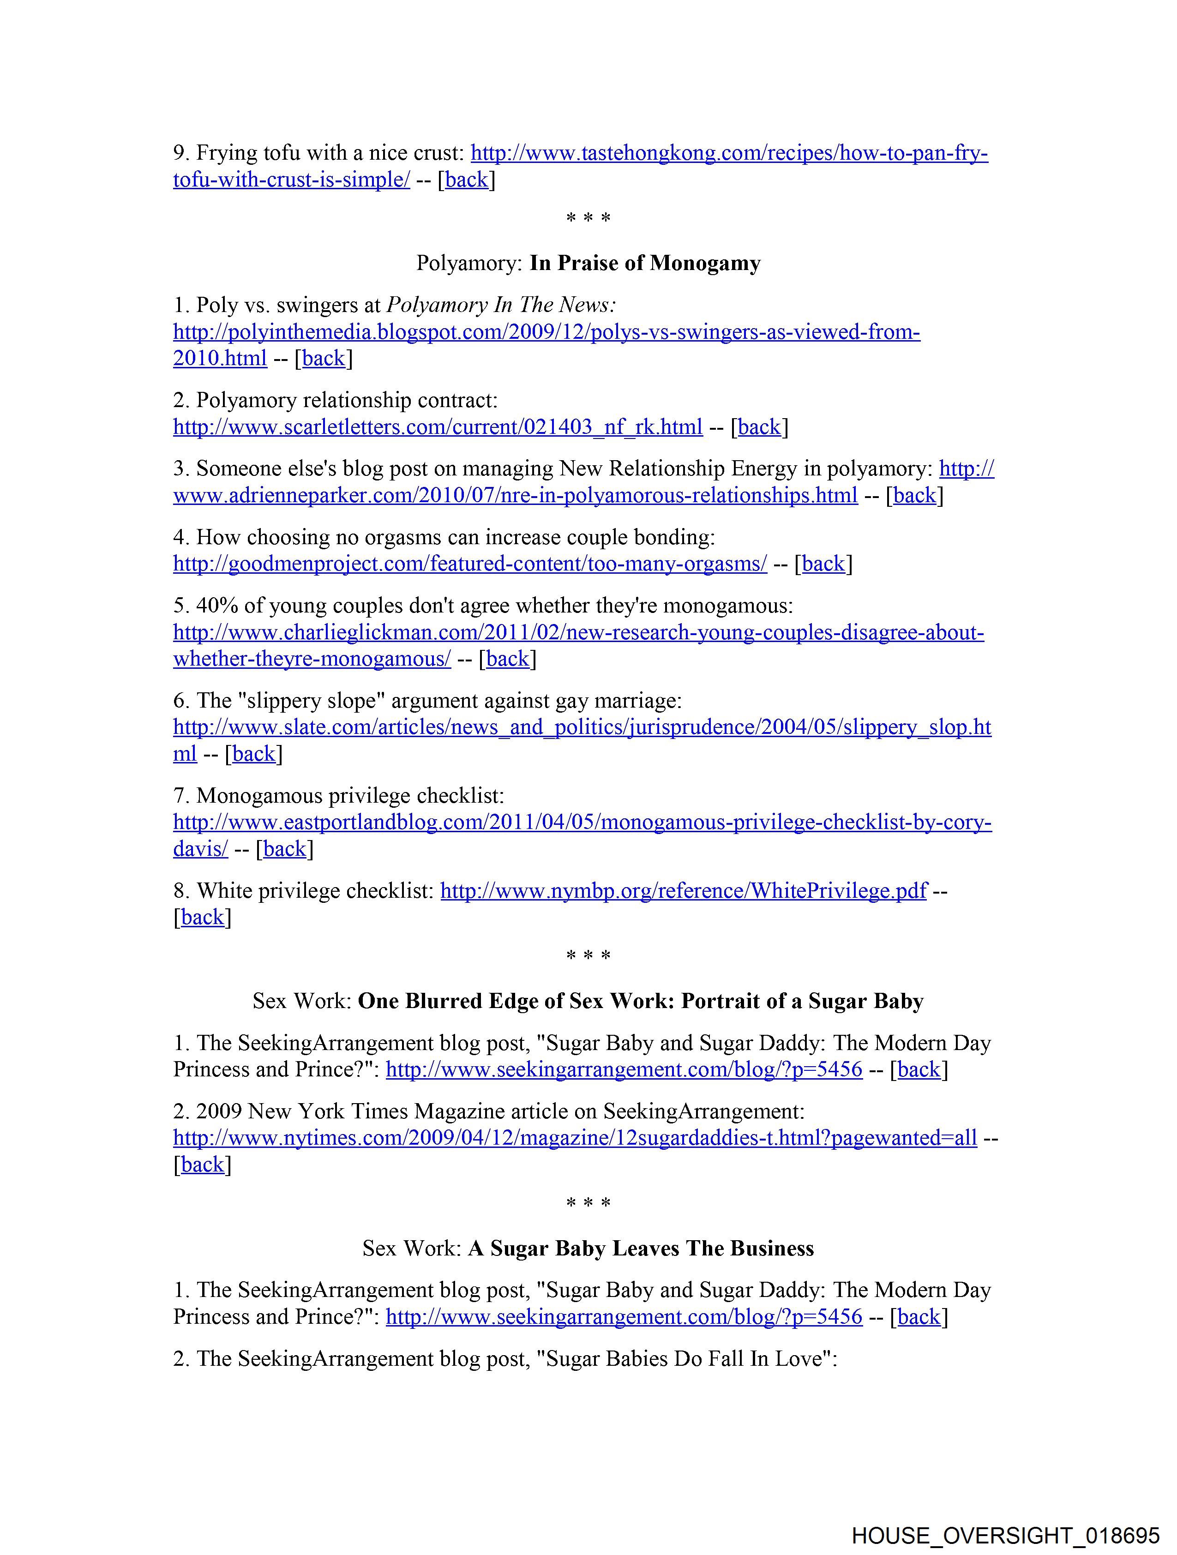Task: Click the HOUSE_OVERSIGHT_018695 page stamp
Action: tap(1005, 1535)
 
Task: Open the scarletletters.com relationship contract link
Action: tap(437, 426)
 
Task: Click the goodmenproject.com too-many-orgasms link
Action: tap(470, 564)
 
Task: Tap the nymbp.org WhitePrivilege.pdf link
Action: tap(684, 891)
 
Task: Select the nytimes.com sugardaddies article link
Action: tap(575, 1138)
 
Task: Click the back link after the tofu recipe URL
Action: tap(466, 180)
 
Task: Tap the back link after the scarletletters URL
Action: tap(759, 426)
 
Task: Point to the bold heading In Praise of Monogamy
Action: tap(645, 263)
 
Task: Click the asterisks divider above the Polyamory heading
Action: tap(588, 218)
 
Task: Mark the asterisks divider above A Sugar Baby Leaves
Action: tap(588, 1203)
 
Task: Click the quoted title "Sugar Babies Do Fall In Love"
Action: tap(686, 1358)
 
